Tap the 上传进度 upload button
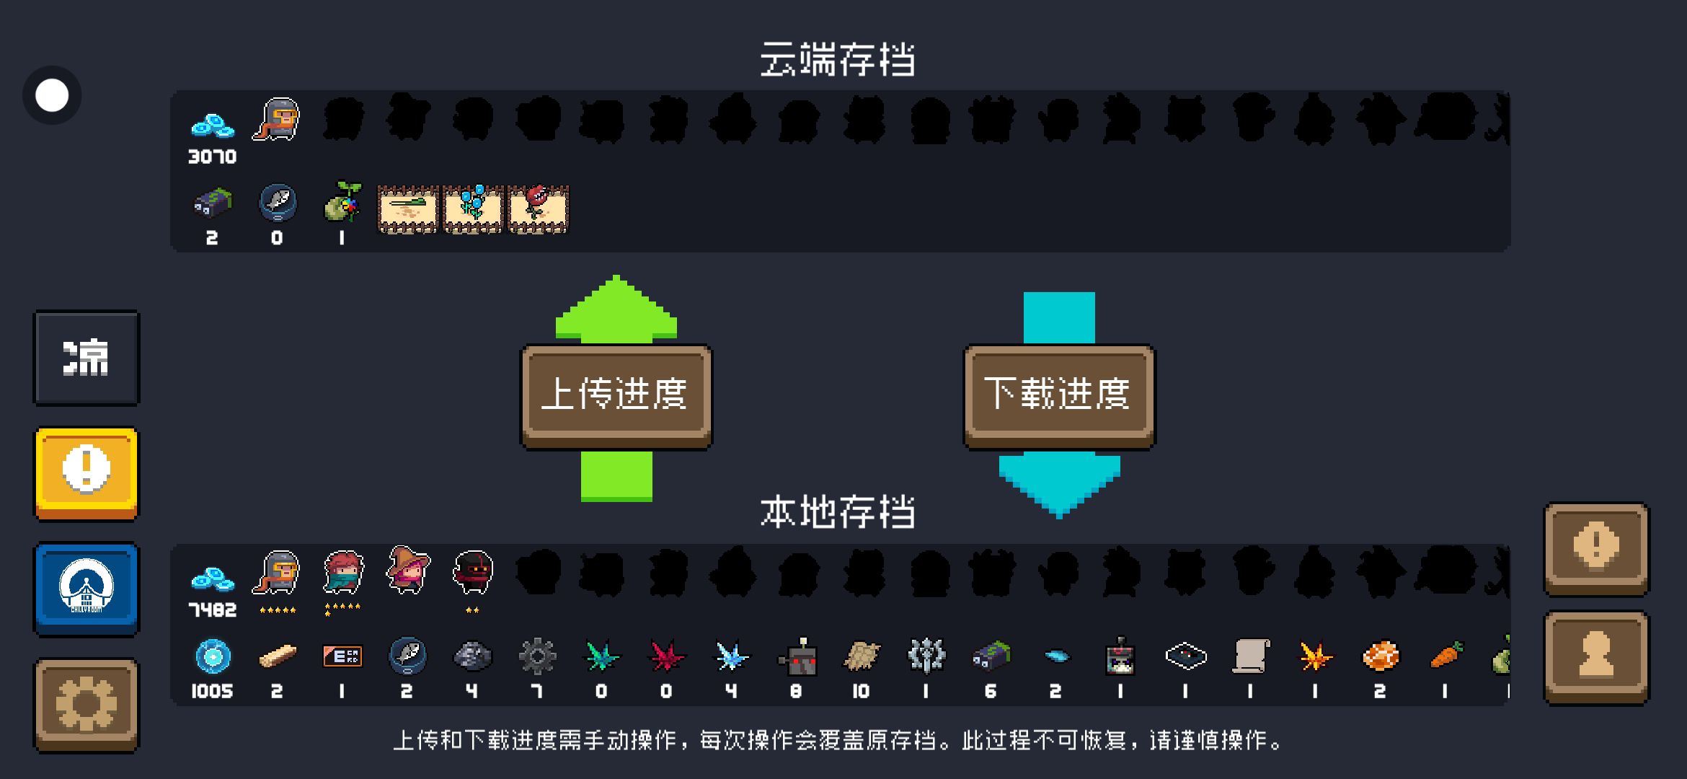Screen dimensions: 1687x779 pos(616,396)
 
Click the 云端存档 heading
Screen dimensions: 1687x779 pos(838,59)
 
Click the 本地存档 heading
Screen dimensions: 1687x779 pos(838,512)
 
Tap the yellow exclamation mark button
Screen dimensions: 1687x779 pos(87,473)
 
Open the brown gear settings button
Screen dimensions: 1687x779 pos(87,705)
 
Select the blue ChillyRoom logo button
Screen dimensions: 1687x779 pos(87,589)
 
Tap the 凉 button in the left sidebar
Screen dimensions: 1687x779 pos(87,358)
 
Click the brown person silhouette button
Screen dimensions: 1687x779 pos(1596,656)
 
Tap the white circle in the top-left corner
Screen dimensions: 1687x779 pos(52,95)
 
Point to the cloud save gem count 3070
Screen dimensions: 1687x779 pos(212,157)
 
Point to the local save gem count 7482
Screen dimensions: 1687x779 pos(212,610)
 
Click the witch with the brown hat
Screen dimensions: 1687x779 pos(407,570)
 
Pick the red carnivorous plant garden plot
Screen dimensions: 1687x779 pos(539,209)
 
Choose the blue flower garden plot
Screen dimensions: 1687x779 pos(473,209)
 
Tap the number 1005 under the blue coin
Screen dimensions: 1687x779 pos(212,692)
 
